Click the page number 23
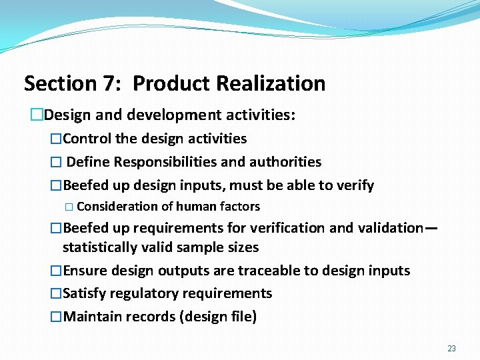[451, 348]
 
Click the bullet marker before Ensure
[56, 271]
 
